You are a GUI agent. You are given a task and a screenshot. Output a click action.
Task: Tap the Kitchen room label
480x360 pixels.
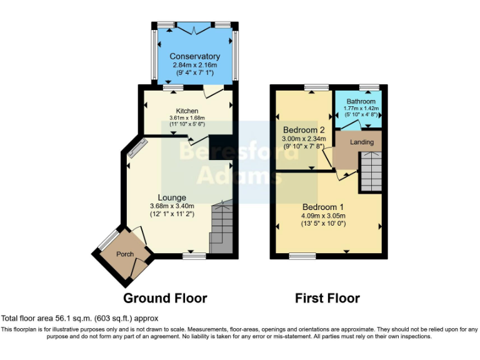coord(187,111)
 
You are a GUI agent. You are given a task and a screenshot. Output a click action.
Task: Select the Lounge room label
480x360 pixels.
coord(172,197)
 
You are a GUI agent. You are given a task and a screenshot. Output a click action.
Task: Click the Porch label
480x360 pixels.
coord(125,254)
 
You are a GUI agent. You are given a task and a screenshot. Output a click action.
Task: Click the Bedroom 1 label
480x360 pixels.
coord(324,207)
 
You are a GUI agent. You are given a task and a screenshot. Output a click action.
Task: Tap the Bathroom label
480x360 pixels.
coord(361,101)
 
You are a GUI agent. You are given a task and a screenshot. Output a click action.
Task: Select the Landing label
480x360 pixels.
coord(362,142)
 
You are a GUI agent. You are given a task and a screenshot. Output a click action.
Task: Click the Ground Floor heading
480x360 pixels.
coord(165,297)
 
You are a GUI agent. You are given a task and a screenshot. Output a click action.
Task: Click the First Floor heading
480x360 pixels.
coord(327,298)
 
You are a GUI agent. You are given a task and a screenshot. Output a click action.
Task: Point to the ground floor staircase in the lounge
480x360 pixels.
coord(221,227)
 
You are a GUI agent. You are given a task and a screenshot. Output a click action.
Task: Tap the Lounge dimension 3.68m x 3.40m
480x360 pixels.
coord(172,206)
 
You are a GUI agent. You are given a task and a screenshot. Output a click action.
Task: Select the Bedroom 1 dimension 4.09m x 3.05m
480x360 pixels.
coord(324,216)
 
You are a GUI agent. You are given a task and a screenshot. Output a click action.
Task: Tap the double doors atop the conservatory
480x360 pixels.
coord(194,27)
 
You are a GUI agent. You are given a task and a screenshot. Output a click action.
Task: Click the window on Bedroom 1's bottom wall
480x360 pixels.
coord(302,255)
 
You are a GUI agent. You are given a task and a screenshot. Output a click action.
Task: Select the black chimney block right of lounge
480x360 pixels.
coord(219,147)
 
